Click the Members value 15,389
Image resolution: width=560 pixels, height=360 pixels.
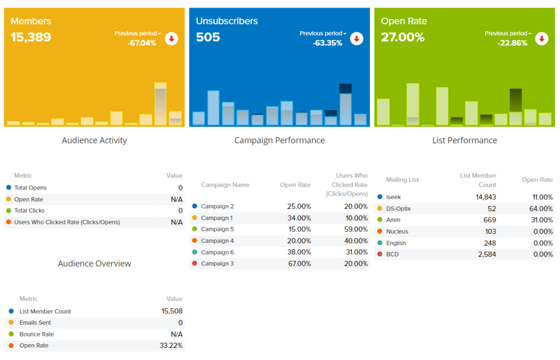pos(31,37)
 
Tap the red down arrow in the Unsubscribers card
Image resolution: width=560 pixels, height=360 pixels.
pos(357,38)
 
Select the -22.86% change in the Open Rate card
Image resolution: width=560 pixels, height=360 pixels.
pos(512,43)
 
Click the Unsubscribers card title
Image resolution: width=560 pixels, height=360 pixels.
pos(227,21)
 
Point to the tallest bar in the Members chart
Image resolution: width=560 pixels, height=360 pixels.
pos(160,104)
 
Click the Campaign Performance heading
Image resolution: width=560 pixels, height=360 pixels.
pos(279,141)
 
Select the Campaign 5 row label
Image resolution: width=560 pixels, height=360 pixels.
pos(217,229)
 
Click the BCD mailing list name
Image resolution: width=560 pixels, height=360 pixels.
pos(392,254)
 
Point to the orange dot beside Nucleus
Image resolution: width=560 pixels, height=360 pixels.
pos(380,231)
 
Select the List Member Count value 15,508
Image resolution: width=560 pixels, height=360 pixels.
pos(172,311)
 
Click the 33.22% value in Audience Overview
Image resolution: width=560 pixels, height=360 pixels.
pos(172,346)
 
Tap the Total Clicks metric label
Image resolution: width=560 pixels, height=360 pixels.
pos(30,211)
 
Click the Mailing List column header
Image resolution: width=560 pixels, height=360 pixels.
pos(402,180)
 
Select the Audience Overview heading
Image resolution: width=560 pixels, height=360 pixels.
pos(95,264)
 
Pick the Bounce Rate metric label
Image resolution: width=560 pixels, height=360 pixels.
pos(37,334)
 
